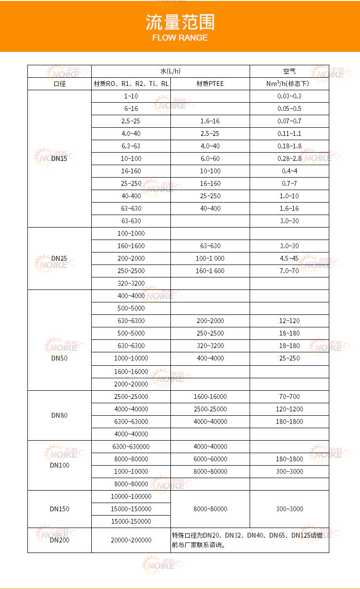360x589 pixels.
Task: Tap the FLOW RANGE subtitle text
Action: pos(180,38)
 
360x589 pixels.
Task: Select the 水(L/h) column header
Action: pos(170,71)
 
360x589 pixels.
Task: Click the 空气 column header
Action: pos(289,71)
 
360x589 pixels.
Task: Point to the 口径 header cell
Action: pos(59,84)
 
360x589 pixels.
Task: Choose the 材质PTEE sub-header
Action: pos(210,84)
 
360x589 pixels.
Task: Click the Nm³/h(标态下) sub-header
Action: pos(289,84)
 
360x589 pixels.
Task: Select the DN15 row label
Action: pos(59,158)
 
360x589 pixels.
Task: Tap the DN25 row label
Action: pos(59,258)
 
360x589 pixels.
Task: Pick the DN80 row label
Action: pos(59,415)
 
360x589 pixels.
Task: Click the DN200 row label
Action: pos(59,540)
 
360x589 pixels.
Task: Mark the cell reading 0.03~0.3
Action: pos(289,96)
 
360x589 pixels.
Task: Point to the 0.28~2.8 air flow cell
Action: pos(289,158)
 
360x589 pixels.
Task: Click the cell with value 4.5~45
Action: pos(289,258)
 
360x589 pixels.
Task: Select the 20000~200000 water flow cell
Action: pos(131,540)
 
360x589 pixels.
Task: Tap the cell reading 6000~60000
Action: pos(210,459)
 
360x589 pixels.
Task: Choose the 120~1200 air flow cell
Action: pos(289,409)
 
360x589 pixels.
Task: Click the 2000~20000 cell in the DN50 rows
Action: pos(131,384)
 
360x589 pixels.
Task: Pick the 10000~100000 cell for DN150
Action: pos(131,496)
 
